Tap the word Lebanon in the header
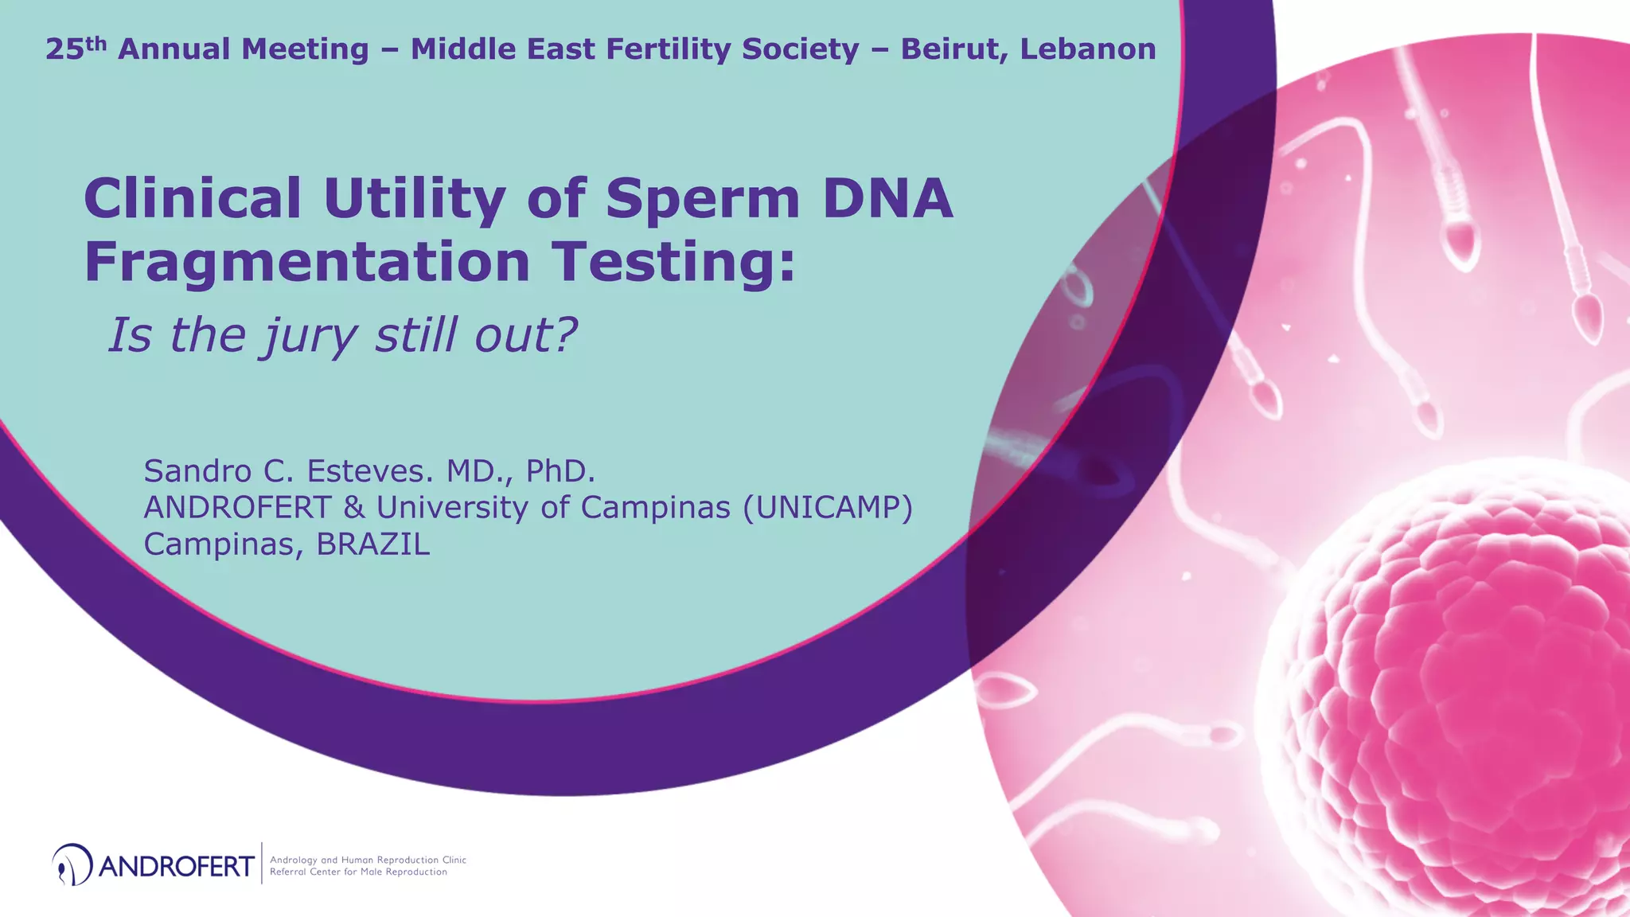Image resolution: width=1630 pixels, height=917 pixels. pyautogui.click(x=1088, y=49)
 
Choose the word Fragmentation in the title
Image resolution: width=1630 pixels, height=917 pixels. pyautogui.click(x=307, y=263)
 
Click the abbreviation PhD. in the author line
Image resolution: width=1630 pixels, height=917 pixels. pyautogui.click(x=560, y=471)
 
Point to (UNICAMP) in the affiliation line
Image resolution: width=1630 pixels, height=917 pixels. pyautogui.click(x=827, y=507)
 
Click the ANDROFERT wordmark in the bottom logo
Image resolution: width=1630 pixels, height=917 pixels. pyautogui.click(x=177, y=865)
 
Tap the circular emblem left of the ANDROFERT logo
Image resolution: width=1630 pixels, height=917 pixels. pyautogui.click(x=71, y=864)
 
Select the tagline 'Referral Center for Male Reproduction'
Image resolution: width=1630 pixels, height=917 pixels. pyautogui.click(x=358, y=872)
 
